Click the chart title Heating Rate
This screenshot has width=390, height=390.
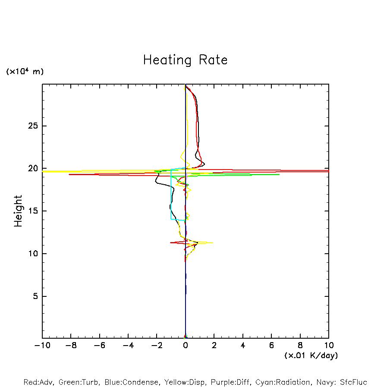tap(185, 60)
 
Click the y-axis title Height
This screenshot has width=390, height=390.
tap(18, 211)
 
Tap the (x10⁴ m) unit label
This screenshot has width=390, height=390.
tap(25, 72)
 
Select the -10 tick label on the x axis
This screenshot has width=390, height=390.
tap(42, 346)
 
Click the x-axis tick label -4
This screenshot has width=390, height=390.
tap(128, 346)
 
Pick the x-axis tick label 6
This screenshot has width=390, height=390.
tap(271, 346)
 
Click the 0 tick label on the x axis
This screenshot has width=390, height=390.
tap(186, 346)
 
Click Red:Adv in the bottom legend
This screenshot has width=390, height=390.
tap(38, 382)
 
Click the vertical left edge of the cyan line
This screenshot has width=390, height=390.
tap(171, 194)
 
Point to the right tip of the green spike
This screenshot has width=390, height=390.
tap(279, 174)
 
